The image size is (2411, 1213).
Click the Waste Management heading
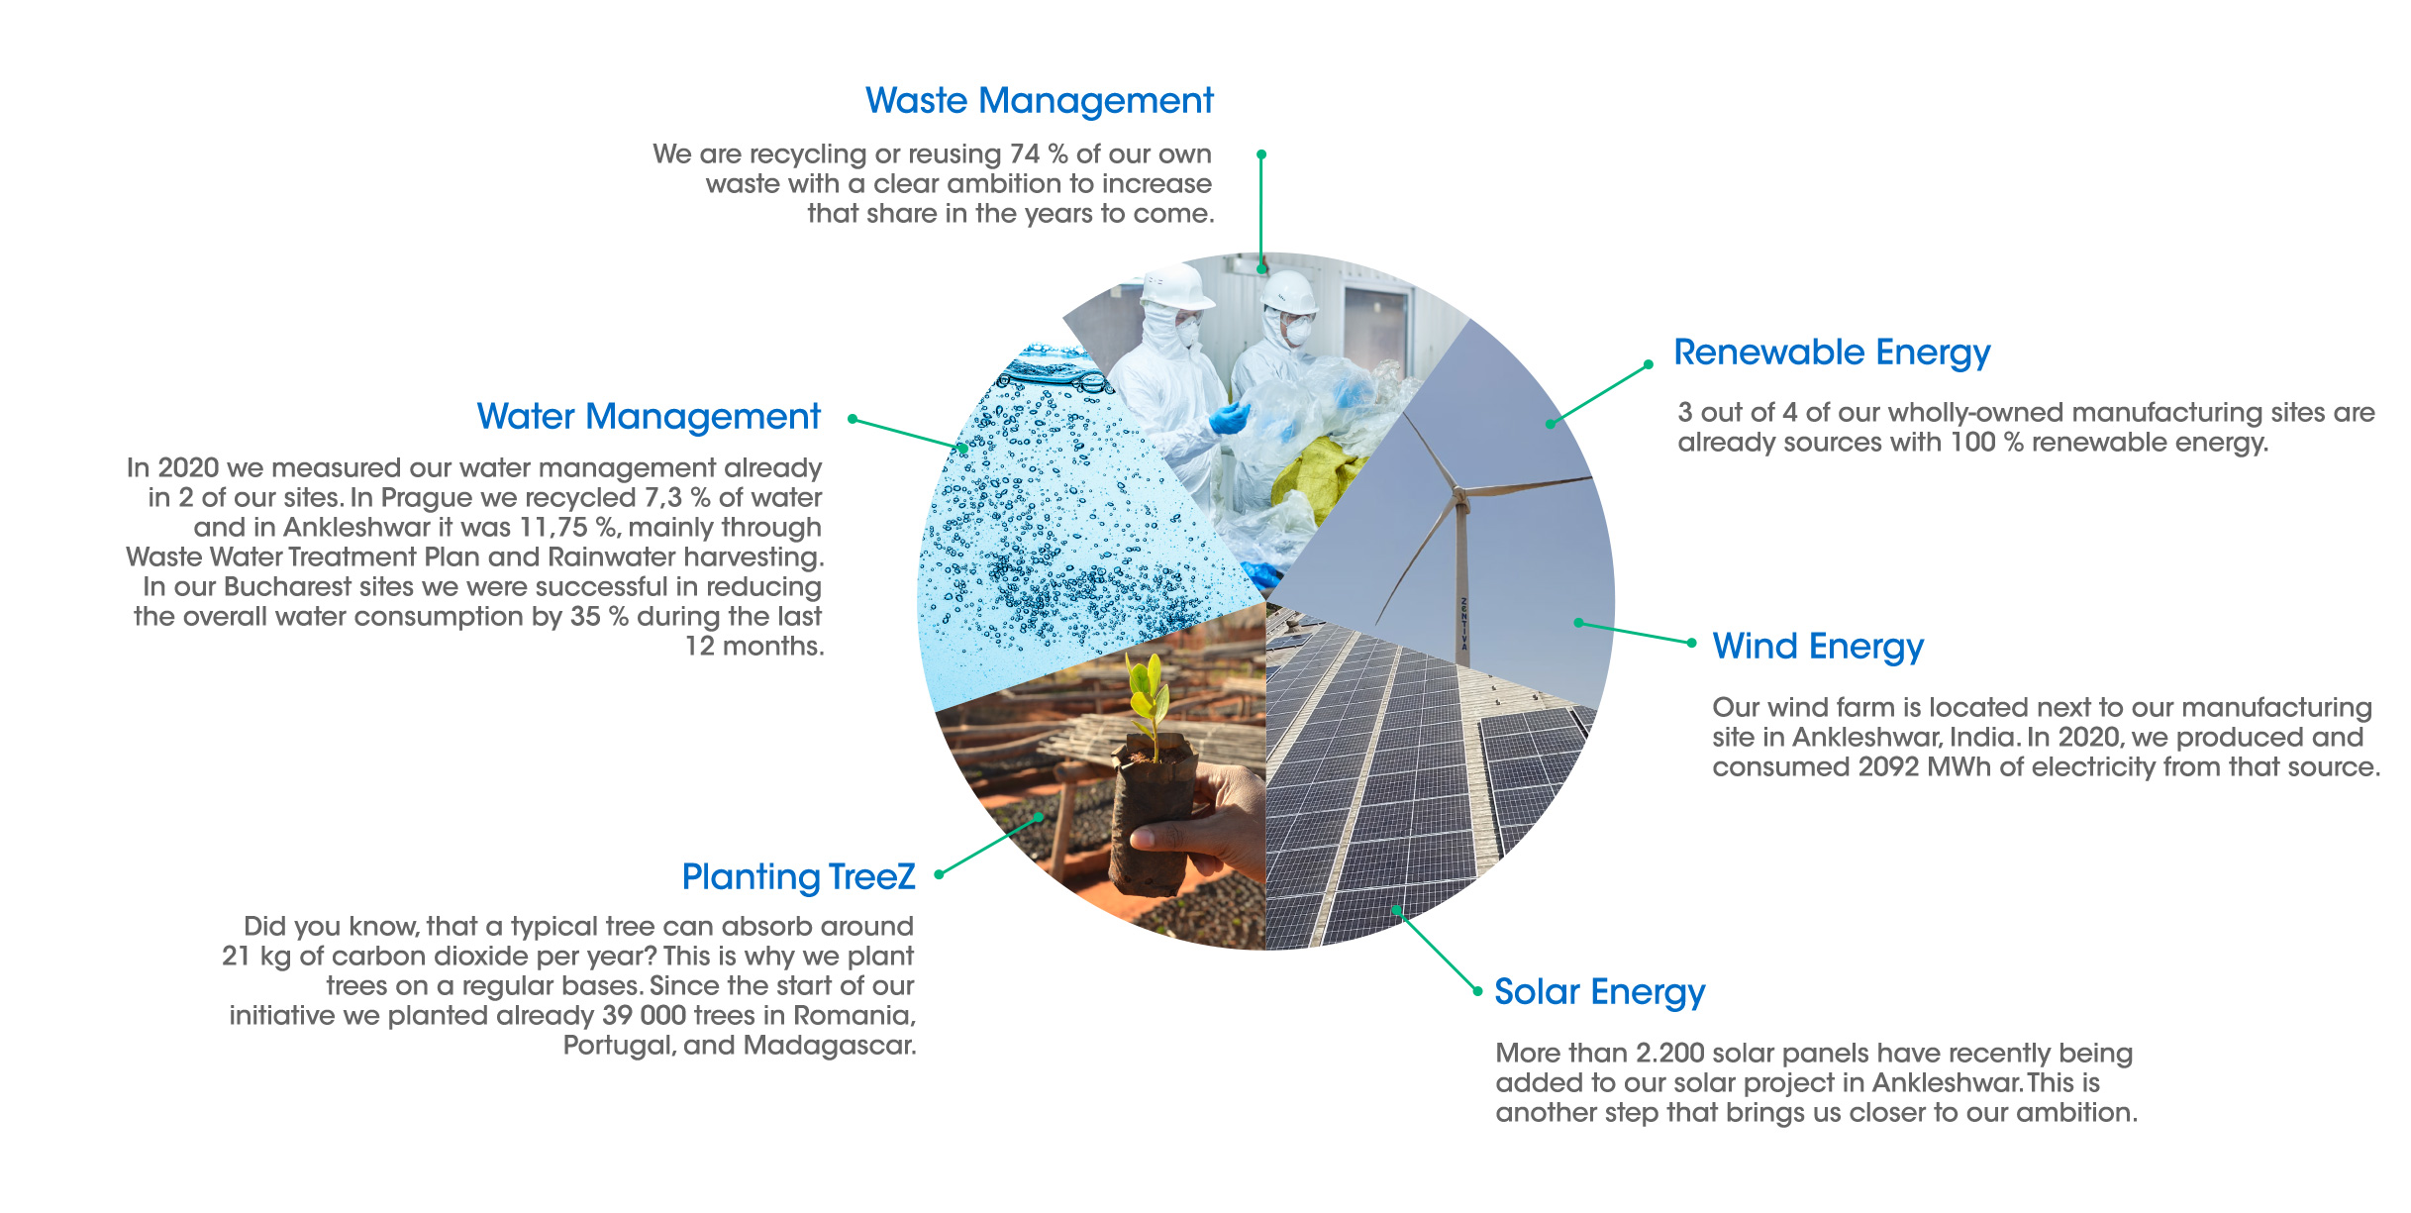(x=1039, y=101)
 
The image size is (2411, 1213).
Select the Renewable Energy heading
(x=1832, y=354)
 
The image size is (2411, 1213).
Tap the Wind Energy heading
(x=1818, y=648)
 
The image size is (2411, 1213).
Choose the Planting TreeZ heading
(x=799, y=877)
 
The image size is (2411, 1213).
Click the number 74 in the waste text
(x=1025, y=154)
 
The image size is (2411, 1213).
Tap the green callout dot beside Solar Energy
(x=1477, y=991)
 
